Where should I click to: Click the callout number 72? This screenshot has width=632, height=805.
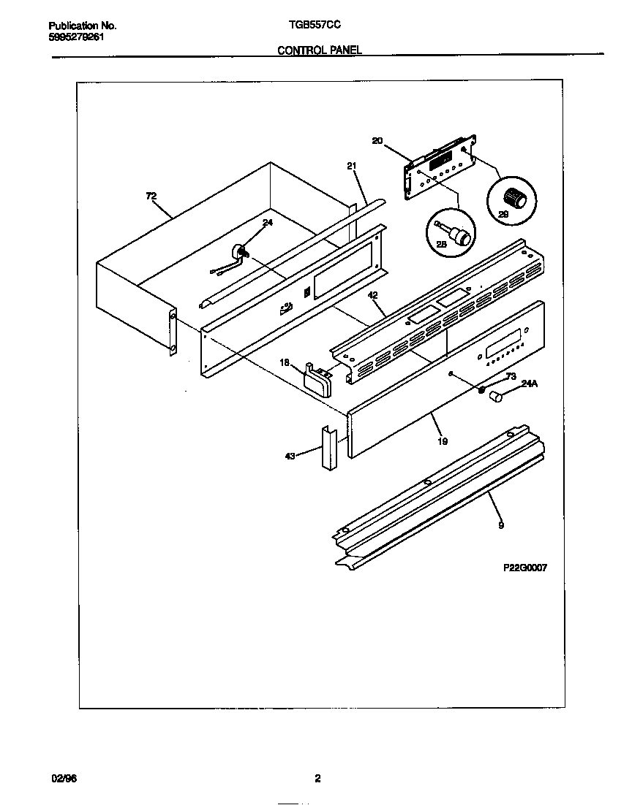(151, 196)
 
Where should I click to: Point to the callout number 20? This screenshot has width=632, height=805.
(377, 140)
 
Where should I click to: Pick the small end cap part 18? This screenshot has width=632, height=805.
(317, 379)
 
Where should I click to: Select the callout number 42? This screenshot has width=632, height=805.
(373, 295)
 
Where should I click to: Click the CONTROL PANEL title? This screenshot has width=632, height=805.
(320, 50)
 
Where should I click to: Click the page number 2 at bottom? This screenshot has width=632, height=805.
(317, 778)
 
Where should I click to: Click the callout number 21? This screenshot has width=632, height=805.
(352, 166)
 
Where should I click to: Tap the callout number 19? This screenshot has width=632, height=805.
(443, 440)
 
